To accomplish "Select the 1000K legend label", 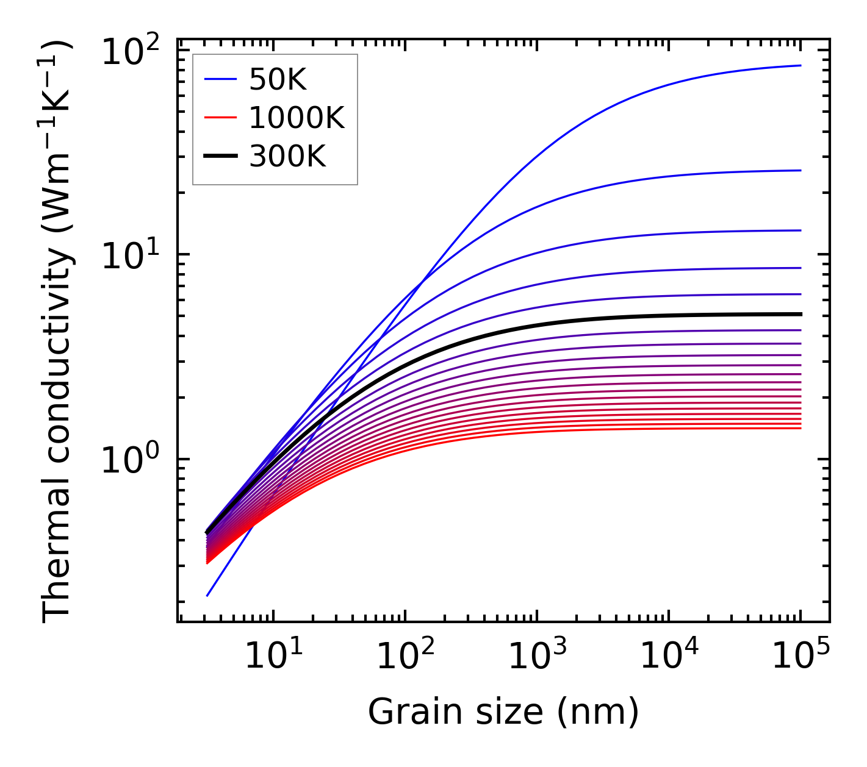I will (x=297, y=118).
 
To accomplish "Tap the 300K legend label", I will (x=287, y=157).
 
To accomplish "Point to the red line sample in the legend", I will (x=220, y=118).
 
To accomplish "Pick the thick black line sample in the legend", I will (x=220, y=157).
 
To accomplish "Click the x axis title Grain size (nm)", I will (x=503, y=712).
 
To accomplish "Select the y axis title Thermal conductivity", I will (x=58, y=332).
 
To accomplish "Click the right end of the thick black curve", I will (x=800, y=314).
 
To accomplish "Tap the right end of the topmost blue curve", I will (x=800, y=65).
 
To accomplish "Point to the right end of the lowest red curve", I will (x=800, y=428).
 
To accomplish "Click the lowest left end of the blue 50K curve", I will (x=207, y=596).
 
